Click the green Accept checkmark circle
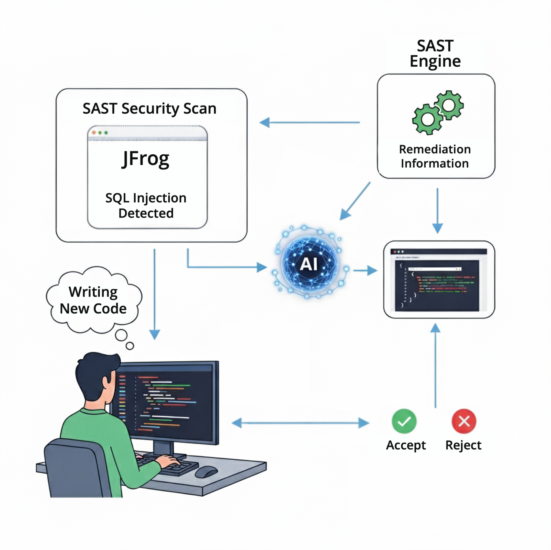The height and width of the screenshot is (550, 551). [x=404, y=421]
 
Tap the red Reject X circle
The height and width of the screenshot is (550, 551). [x=464, y=421]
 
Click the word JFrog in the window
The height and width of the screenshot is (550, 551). [x=146, y=159]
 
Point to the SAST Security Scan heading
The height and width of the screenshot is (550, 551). [x=149, y=109]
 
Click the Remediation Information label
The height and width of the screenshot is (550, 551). [x=435, y=156]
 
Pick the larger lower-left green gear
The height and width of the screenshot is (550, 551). [x=427, y=119]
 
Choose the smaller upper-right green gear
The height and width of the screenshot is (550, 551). [x=449, y=105]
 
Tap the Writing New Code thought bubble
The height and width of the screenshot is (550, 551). [x=93, y=300]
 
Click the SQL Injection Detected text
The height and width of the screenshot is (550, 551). [x=146, y=205]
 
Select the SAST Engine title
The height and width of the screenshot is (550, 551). [x=435, y=54]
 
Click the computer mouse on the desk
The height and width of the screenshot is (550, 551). [x=206, y=471]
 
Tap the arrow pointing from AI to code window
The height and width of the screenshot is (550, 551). [x=365, y=270]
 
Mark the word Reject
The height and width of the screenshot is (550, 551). [x=463, y=445]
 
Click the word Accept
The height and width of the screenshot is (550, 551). [x=406, y=445]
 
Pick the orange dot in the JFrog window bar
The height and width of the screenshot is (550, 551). [x=94, y=132]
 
